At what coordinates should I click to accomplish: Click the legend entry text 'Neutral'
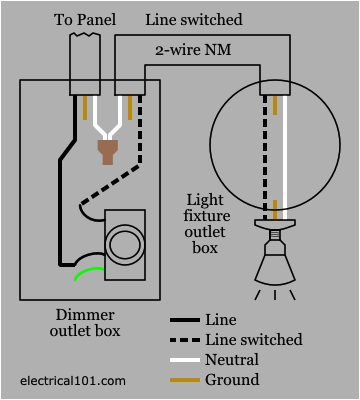[x=230, y=360]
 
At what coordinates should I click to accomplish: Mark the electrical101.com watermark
[x=73, y=381]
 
